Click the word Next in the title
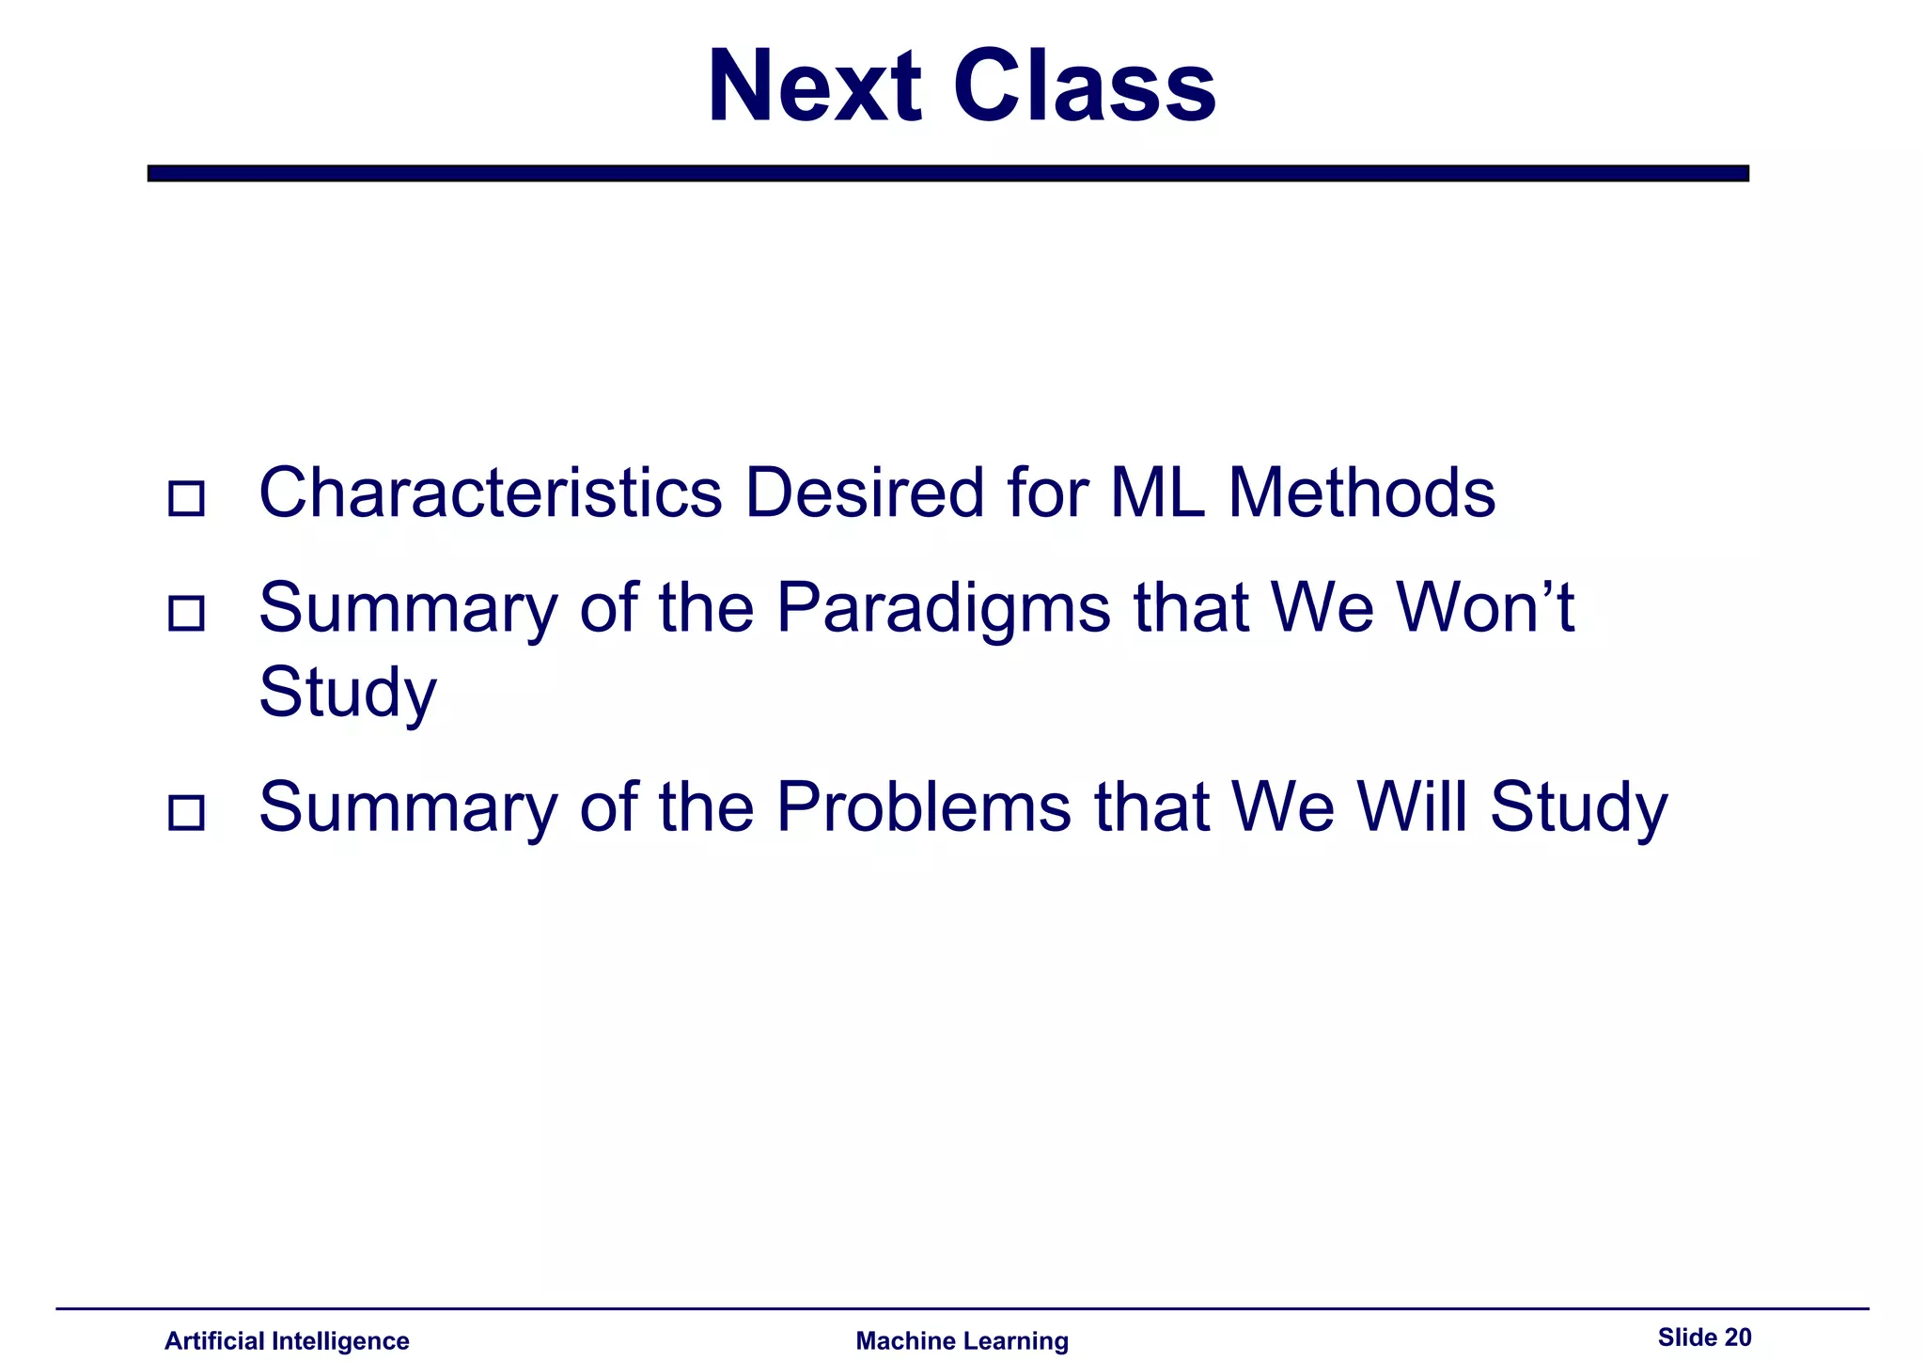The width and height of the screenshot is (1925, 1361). (814, 87)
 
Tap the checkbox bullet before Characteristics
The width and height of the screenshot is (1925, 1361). (186, 498)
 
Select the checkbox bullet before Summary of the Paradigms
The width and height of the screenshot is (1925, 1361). (186, 613)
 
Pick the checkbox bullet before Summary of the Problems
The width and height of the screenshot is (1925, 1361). (186, 812)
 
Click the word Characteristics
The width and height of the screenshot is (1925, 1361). (491, 493)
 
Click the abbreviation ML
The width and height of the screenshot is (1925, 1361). (1157, 493)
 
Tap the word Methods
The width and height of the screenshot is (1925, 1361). (1361, 493)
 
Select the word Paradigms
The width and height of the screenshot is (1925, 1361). (944, 609)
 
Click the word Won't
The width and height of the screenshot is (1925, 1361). (1485, 607)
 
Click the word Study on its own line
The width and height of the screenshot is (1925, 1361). (348, 694)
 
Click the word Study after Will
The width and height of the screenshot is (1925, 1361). (1578, 808)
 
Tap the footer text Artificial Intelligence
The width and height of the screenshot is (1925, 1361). (287, 1340)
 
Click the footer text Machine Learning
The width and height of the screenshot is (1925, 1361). (962, 1340)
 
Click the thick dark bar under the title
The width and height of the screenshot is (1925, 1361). (947, 173)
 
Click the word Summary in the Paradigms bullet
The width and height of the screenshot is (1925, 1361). (408, 609)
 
